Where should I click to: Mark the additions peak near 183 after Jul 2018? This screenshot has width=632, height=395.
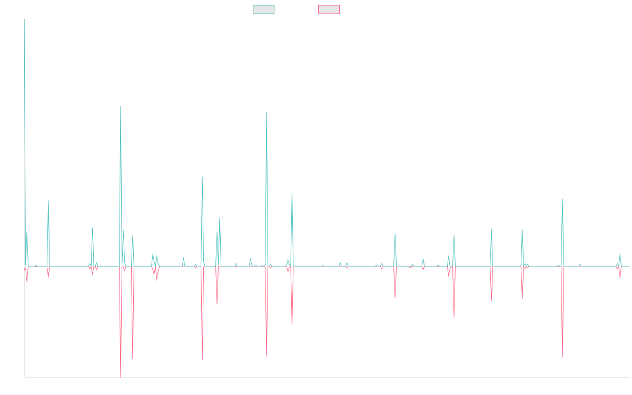[x=121, y=106]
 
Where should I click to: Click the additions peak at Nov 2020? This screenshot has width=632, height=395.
[x=266, y=111]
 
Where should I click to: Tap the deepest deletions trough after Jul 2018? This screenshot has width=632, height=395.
[x=121, y=377]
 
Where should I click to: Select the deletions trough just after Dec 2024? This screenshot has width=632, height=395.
[x=562, y=357]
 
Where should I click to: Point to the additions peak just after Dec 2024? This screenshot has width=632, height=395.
[x=562, y=199]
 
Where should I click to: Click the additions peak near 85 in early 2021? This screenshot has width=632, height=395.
[x=292, y=192]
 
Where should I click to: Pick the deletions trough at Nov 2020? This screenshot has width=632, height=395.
[x=266, y=356]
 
